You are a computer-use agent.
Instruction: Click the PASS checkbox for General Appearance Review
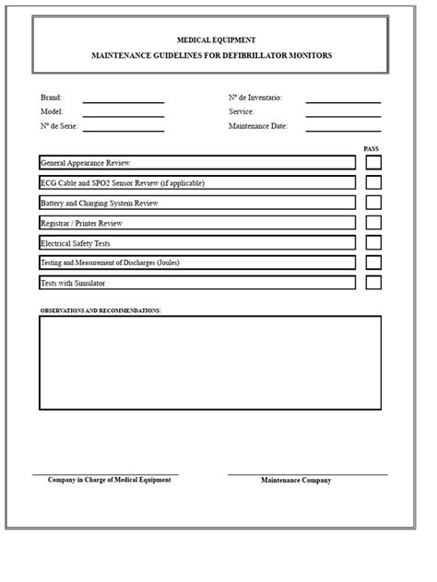tap(373, 163)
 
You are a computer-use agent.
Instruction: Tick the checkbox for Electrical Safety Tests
tap(373, 242)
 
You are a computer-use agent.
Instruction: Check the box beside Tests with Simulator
tap(373, 283)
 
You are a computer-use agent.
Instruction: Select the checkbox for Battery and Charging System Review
tap(373, 203)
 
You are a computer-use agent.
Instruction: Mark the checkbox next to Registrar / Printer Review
tap(373, 223)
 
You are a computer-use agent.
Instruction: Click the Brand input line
tap(124, 99)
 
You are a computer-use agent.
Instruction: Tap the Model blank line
tap(124, 114)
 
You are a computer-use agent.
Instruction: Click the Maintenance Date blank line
tap(343, 129)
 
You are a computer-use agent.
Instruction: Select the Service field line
tap(343, 114)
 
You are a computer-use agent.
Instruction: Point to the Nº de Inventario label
tap(255, 98)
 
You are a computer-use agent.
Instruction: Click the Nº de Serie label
tap(58, 126)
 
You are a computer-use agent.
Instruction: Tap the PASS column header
tap(372, 148)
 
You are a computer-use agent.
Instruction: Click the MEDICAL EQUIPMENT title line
tap(217, 41)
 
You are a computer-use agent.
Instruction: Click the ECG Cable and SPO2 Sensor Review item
tap(123, 183)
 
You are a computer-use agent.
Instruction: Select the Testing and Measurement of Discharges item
tap(110, 262)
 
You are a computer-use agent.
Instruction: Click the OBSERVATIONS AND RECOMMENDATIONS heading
tap(100, 311)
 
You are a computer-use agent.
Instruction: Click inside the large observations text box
tap(209, 362)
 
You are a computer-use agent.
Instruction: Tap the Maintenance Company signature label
tap(296, 481)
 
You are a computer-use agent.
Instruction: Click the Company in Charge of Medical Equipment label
tap(109, 481)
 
